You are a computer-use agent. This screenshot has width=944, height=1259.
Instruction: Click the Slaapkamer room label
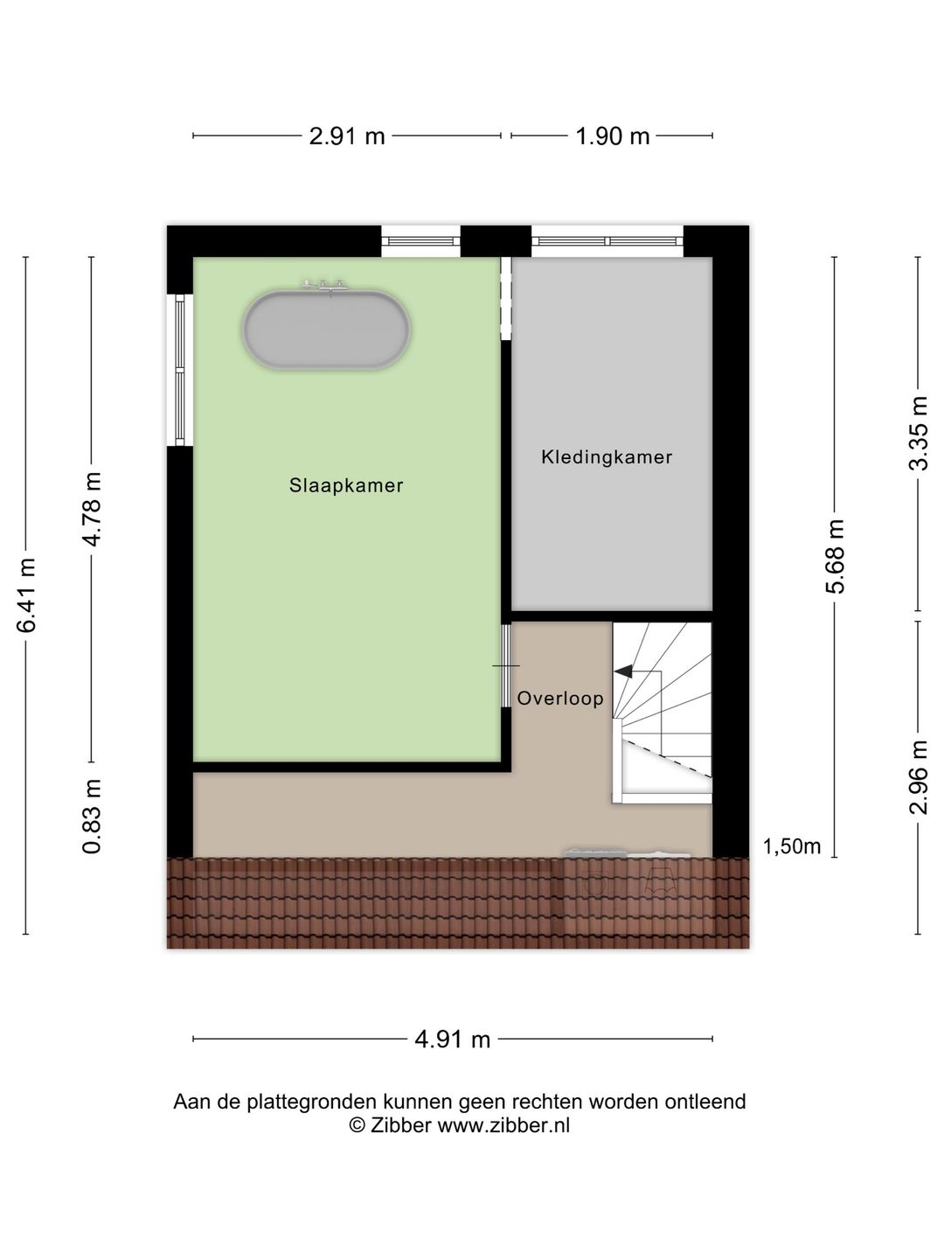click(x=346, y=486)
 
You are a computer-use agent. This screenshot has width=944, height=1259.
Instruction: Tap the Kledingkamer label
click(x=607, y=457)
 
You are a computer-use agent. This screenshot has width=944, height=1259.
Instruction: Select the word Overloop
click(x=560, y=698)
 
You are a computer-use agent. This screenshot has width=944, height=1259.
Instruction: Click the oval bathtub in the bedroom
click(x=327, y=330)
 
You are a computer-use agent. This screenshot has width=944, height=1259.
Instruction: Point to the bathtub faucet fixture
click(x=326, y=285)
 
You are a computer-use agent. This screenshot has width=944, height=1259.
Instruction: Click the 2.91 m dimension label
click(x=347, y=136)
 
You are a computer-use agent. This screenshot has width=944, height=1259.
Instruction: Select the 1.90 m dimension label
click(x=612, y=136)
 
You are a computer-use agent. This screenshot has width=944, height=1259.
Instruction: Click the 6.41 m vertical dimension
click(x=26, y=595)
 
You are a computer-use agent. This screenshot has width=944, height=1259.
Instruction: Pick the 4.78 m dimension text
click(x=92, y=510)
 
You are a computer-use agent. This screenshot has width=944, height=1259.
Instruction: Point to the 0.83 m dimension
click(x=92, y=817)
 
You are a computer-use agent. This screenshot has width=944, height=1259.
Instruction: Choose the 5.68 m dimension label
click(x=835, y=556)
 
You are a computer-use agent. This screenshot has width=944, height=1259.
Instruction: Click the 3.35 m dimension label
click(x=919, y=433)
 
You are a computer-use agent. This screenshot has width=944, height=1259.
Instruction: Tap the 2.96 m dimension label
click(x=919, y=777)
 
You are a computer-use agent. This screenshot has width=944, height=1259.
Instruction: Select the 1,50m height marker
click(x=792, y=846)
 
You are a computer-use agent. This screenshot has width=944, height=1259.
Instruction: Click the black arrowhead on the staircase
click(x=623, y=671)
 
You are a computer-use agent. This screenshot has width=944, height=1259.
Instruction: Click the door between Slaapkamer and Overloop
click(x=506, y=666)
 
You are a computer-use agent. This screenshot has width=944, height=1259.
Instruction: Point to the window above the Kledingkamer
click(x=607, y=241)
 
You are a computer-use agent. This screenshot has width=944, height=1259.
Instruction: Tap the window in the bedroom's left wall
click(x=180, y=370)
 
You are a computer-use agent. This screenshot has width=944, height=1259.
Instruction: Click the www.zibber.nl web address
click(x=503, y=1125)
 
